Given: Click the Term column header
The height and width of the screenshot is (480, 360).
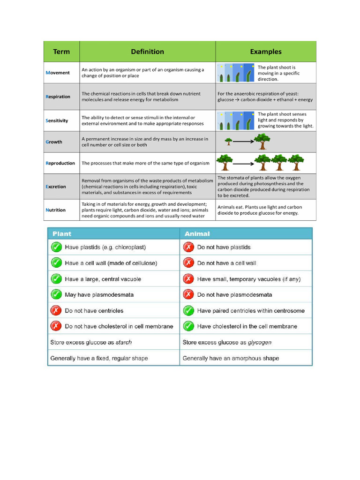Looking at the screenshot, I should [x=61, y=52].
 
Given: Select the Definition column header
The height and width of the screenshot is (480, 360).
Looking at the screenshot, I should [x=147, y=52].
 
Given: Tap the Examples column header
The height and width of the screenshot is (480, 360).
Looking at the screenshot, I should [x=266, y=52].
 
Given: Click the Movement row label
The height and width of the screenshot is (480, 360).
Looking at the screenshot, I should [x=58, y=73].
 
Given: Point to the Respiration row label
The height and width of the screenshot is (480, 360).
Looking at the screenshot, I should [x=58, y=97].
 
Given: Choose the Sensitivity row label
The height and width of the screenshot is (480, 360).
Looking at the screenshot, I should [x=57, y=120].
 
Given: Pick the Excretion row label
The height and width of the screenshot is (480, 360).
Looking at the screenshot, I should [x=56, y=187].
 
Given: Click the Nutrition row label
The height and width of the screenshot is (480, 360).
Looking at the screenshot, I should [x=56, y=210].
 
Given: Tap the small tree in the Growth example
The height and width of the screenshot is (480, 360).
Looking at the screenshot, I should [x=229, y=141].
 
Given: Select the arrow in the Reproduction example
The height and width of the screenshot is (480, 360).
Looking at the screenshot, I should [x=244, y=164].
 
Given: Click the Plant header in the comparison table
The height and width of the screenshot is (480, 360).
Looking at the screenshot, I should [x=62, y=233].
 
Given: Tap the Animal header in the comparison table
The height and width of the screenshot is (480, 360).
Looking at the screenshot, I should [x=197, y=233].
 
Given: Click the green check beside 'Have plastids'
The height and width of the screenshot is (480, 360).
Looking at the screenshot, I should [x=56, y=247].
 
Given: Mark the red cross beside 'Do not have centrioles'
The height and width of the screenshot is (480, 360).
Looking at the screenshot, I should [x=56, y=310].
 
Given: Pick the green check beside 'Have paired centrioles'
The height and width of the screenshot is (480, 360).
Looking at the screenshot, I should [x=188, y=310].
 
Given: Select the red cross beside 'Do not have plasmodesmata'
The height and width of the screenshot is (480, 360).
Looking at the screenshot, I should [x=188, y=294].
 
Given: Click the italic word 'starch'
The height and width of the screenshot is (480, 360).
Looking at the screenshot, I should [x=124, y=342].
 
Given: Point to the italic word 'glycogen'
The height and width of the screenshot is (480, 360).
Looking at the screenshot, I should [x=260, y=342].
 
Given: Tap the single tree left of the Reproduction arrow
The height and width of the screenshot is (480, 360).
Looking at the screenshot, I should [x=225, y=163].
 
